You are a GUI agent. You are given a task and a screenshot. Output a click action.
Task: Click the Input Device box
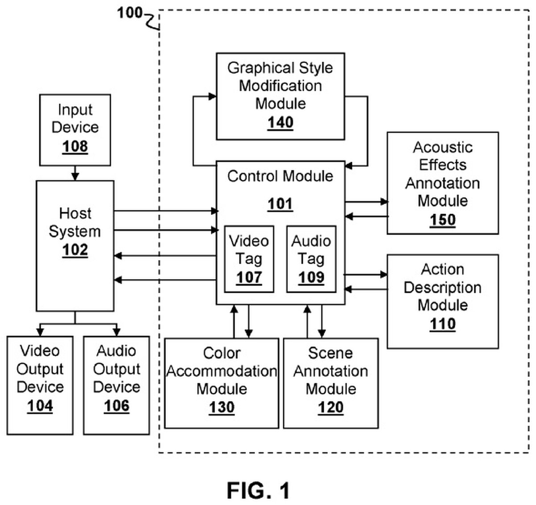tap(75, 130)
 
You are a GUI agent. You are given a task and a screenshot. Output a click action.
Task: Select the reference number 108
tap(75, 147)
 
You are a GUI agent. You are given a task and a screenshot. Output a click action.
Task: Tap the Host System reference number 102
tap(75, 250)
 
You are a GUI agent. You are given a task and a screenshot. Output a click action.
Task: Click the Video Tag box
tap(249, 259)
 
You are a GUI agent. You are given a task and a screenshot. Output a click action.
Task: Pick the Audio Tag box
tap(311, 259)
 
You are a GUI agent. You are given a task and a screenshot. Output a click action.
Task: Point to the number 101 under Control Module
tap(280, 204)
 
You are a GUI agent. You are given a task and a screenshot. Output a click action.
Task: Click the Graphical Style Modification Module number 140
tap(280, 122)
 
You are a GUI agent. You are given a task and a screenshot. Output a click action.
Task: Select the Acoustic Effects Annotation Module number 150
tap(442, 220)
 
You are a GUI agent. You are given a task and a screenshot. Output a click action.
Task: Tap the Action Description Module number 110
tap(442, 324)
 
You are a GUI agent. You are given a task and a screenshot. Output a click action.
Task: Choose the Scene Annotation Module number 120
tap(331, 408)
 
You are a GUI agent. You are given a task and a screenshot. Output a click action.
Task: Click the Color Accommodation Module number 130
tap(222, 408)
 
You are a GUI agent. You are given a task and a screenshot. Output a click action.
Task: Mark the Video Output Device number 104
tap(40, 406)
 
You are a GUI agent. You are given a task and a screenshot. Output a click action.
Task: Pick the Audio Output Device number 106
tap(117, 406)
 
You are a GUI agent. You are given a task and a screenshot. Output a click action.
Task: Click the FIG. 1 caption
tap(258, 491)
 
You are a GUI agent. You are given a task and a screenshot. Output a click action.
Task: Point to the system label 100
tap(130, 13)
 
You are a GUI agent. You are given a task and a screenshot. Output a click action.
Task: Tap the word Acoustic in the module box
tap(442, 147)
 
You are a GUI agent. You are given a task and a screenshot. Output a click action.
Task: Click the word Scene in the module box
tap(331, 353)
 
